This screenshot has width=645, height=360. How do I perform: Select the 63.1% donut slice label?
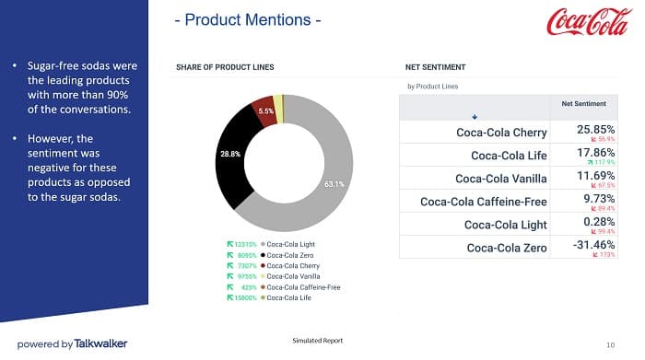(x=334, y=184)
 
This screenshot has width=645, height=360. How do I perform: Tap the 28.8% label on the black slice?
(x=230, y=155)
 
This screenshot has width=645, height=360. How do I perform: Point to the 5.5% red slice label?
(x=266, y=110)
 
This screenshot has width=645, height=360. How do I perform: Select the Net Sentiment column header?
(x=583, y=104)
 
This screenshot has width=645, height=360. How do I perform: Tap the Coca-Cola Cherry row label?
(x=501, y=132)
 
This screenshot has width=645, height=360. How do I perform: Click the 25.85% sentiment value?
(x=595, y=130)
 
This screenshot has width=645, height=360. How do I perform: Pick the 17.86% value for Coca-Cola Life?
(x=595, y=153)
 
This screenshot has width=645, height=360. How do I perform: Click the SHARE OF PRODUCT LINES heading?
(x=225, y=67)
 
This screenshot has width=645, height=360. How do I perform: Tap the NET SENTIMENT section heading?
(x=435, y=67)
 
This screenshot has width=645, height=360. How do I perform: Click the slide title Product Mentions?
(x=248, y=20)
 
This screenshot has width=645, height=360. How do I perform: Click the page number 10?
(x=611, y=342)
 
